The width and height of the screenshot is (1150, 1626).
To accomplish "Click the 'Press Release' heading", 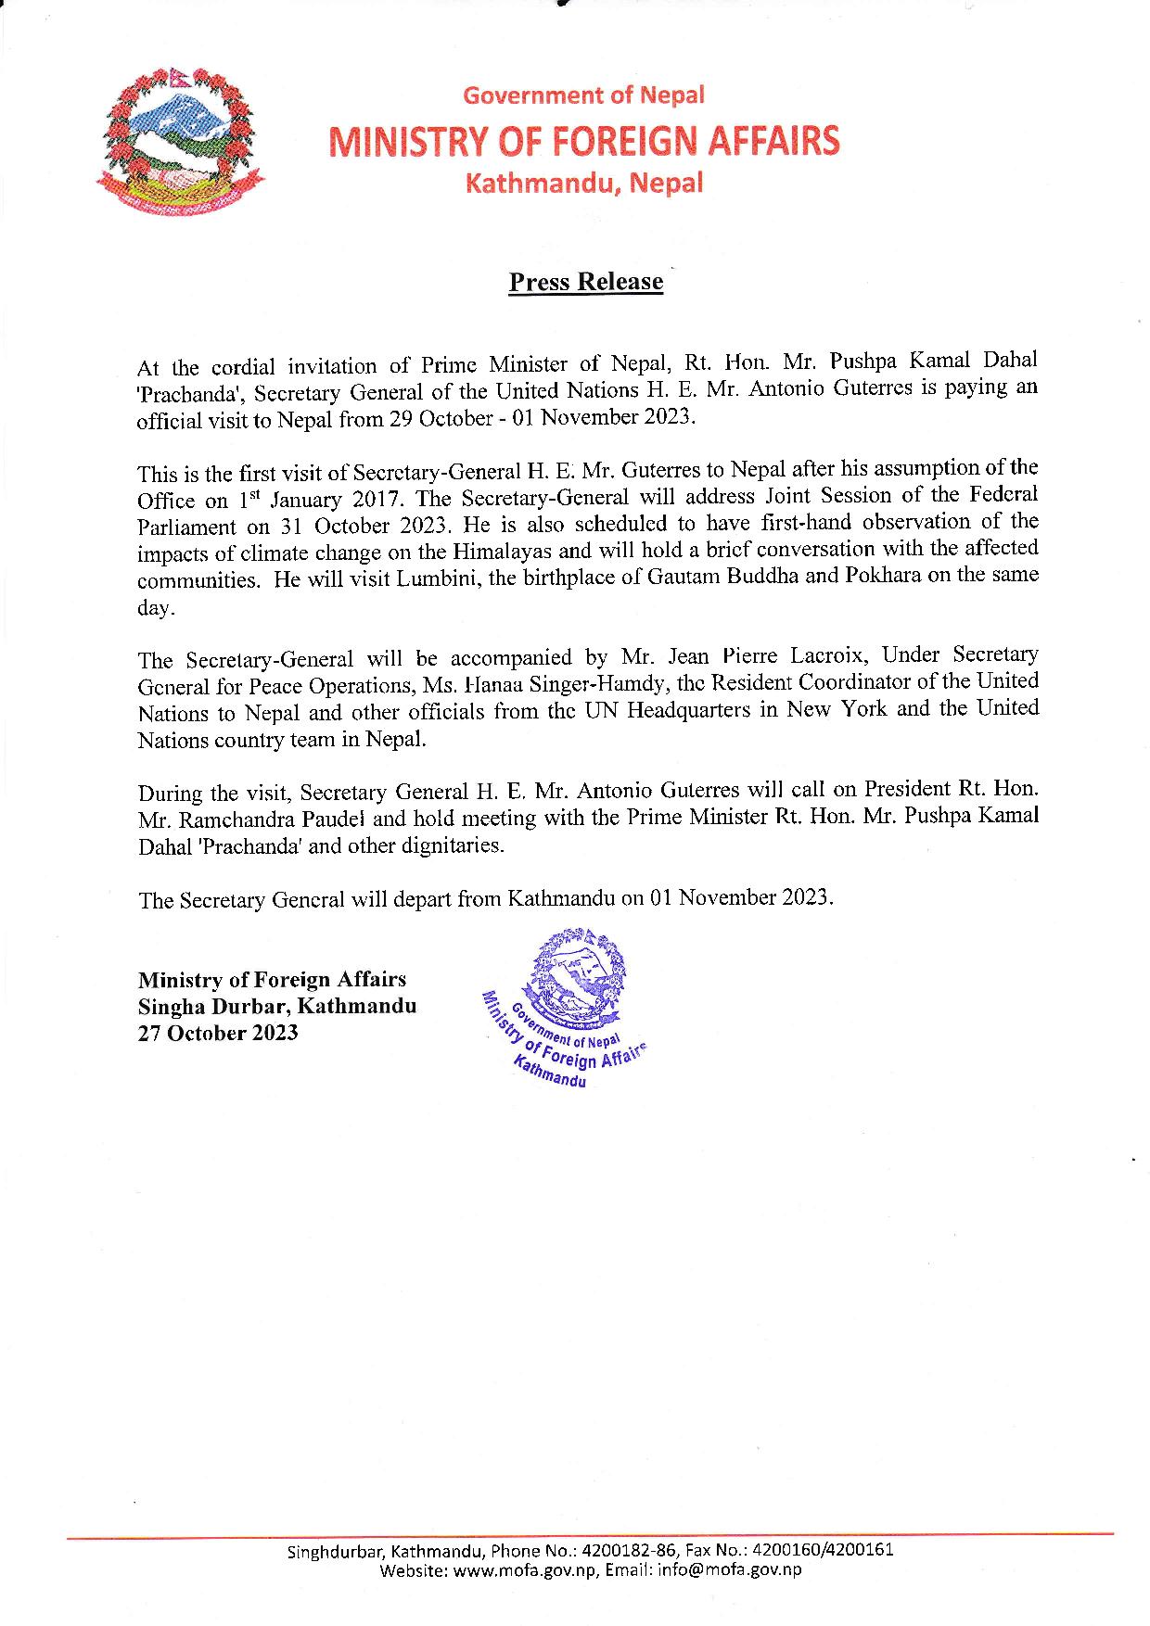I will (586, 282).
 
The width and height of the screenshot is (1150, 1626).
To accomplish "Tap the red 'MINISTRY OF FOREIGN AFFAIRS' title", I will (585, 141).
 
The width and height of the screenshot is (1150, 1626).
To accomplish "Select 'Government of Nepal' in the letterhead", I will (584, 95).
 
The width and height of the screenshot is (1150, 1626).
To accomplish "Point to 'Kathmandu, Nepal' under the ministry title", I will (584, 183).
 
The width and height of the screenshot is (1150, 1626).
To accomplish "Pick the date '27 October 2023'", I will (218, 1033).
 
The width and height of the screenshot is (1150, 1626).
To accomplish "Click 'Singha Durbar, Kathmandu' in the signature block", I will (277, 1006).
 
